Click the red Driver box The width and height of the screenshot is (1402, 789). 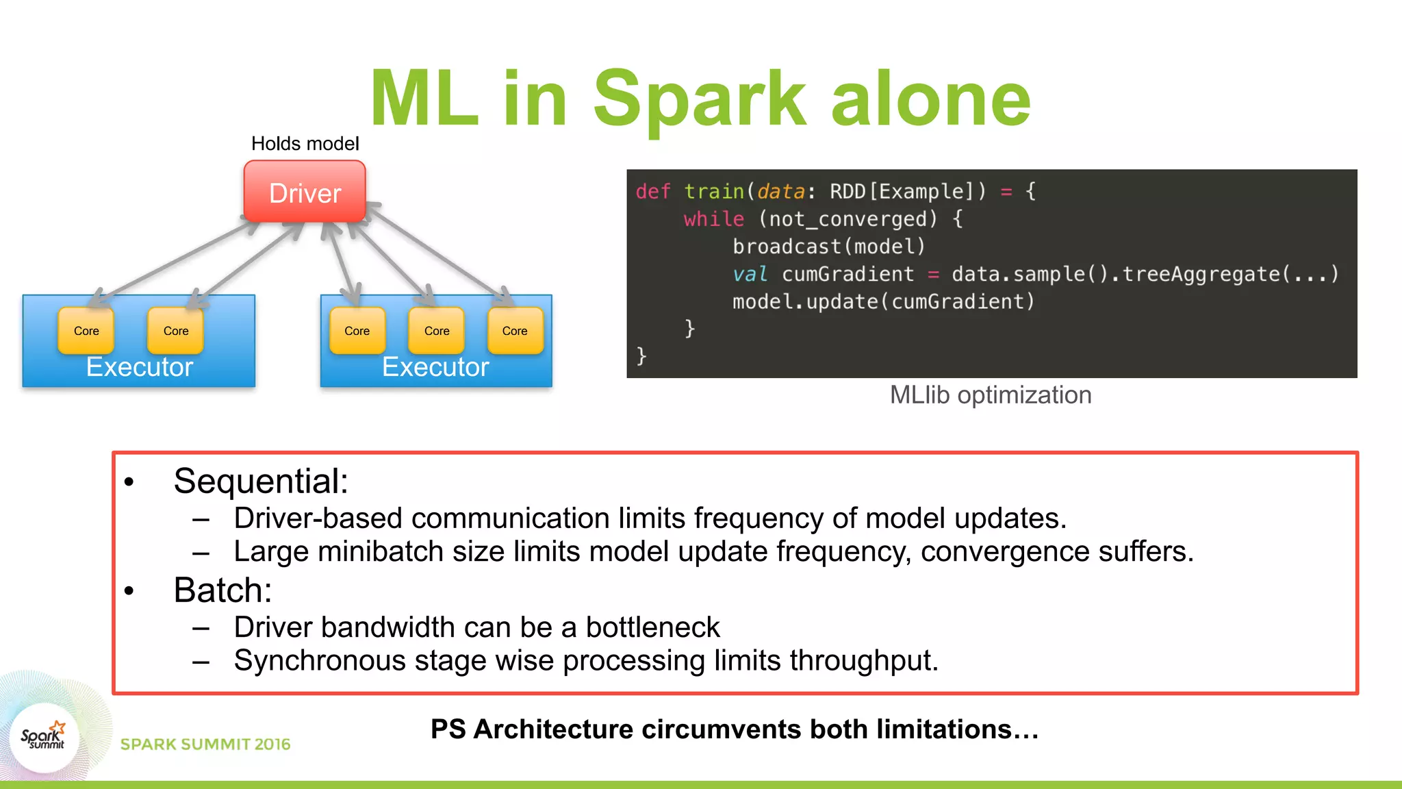point(305,192)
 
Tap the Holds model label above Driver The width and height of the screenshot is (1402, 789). point(305,144)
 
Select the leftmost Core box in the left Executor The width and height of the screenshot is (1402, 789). point(86,331)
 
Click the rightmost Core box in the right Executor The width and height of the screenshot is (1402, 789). point(515,331)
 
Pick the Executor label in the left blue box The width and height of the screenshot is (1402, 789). point(140,368)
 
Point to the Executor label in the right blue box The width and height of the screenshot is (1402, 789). point(435,368)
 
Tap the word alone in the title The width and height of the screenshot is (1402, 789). point(931,99)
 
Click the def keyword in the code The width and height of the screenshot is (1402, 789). point(652,192)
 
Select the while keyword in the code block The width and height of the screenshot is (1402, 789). point(713,219)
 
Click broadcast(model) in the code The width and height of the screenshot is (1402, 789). point(828,247)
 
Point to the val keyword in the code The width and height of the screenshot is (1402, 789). point(750,275)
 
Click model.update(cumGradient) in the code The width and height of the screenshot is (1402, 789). point(883,302)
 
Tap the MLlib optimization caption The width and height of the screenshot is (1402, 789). point(990,395)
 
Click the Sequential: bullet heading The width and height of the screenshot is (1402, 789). point(261,481)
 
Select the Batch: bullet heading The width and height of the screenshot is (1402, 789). point(222,590)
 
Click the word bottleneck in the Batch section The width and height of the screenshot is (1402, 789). point(652,627)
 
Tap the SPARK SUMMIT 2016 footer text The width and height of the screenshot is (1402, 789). point(205,744)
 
